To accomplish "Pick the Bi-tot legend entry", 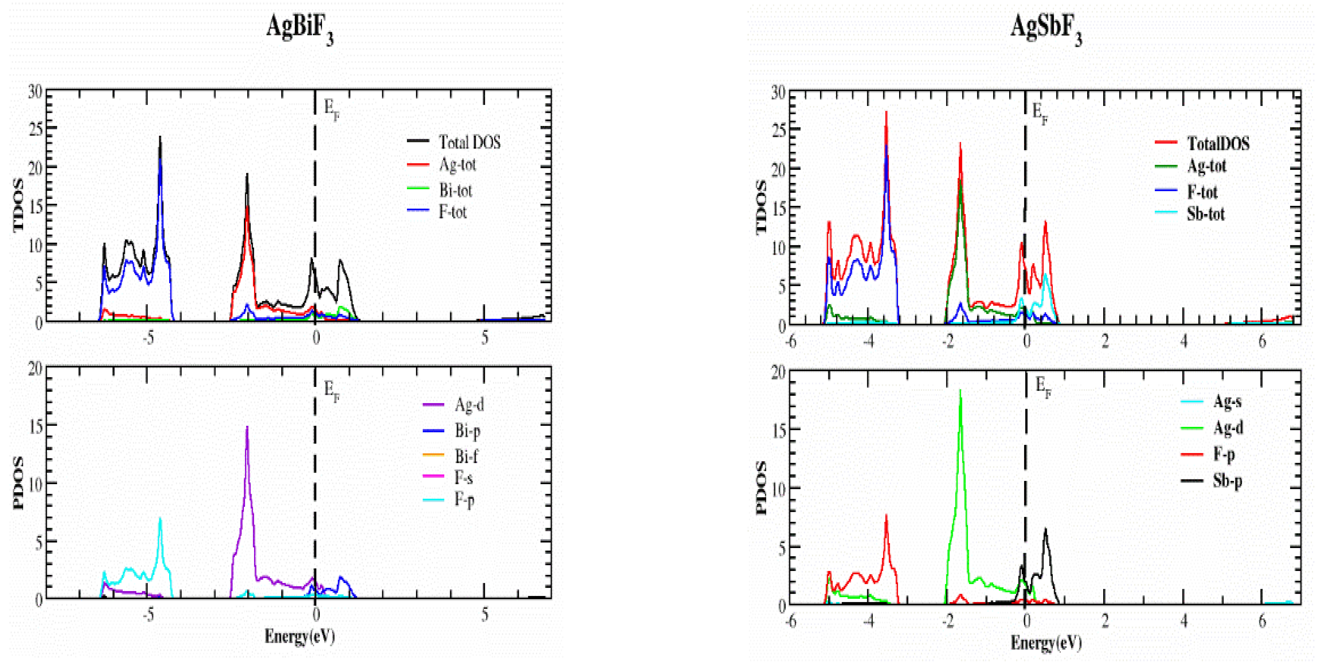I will [455, 190].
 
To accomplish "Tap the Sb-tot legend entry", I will [1205, 214].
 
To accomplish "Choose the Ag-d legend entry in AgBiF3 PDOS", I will [469, 405].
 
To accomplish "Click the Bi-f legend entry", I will [466, 455].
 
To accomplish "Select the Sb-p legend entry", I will [1227, 481].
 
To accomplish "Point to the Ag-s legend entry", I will [1227, 401].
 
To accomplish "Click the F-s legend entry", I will [463, 477].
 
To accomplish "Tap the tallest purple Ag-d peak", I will [247, 427].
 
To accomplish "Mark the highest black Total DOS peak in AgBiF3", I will [160, 137].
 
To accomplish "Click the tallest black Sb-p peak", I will [1045, 530].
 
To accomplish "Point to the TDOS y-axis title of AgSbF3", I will [761, 207].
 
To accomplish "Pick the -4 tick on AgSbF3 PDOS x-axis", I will [869, 621].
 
